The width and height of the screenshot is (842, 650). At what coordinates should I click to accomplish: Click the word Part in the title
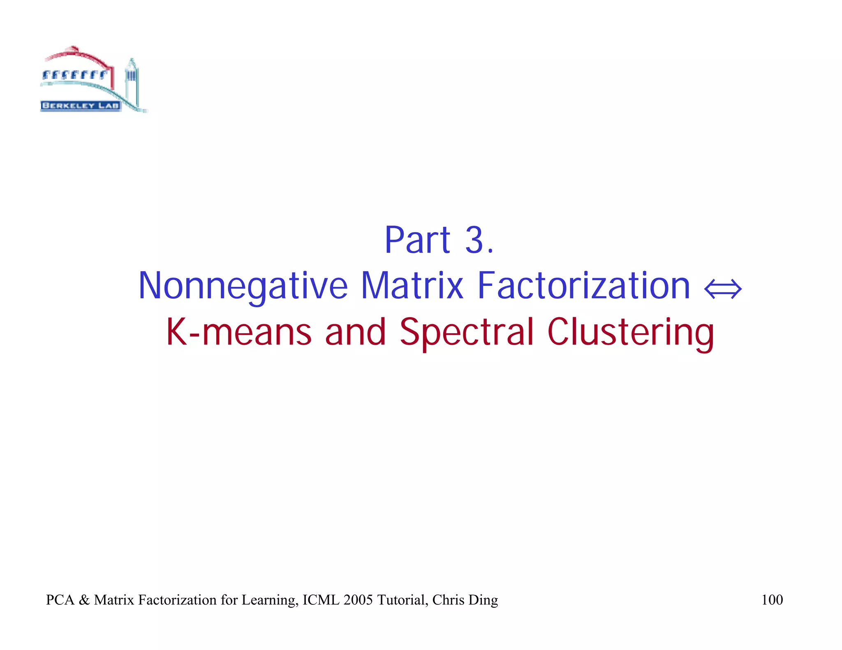click(x=417, y=240)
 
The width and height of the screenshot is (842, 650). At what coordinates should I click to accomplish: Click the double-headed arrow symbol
click(x=723, y=289)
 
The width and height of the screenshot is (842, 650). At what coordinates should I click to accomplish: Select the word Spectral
click(x=466, y=333)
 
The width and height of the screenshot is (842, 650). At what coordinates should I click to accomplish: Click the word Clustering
click(x=631, y=333)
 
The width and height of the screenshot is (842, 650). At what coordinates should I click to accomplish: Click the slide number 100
click(x=772, y=600)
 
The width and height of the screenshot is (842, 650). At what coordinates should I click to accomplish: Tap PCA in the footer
click(x=60, y=600)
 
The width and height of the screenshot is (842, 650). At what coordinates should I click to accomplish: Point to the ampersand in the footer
click(x=84, y=600)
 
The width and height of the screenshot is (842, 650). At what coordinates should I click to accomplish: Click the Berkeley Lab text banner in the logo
click(x=81, y=106)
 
